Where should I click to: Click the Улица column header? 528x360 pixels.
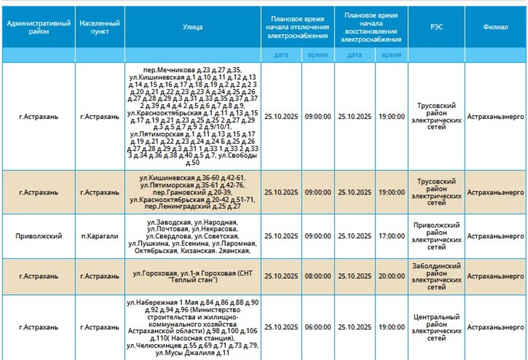(x=192, y=27)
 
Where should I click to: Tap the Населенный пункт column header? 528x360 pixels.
(x=100, y=27)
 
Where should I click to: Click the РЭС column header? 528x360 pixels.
(x=436, y=27)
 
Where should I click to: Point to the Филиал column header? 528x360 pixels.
(x=495, y=27)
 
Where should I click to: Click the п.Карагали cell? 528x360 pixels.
(x=100, y=236)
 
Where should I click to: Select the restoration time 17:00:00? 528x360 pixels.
(x=392, y=236)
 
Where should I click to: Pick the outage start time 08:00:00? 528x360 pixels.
(x=318, y=276)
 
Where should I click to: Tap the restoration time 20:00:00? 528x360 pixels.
(x=392, y=276)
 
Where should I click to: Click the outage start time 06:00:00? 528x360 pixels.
(x=318, y=328)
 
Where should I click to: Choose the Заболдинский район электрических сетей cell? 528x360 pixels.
(x=436, y=276)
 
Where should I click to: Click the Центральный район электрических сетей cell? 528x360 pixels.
(x=436, y=328)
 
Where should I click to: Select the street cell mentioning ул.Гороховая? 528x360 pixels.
(x=192, y=276)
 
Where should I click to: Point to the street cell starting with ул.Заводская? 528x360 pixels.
(x=192, y=236)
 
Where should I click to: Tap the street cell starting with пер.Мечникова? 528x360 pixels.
(x=192, y=116)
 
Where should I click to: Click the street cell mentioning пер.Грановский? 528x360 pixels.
(x=192, y=192)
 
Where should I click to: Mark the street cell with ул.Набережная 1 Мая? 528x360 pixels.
(x=192, y=328)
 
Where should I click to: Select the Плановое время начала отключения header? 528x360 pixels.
(x=299, y=27)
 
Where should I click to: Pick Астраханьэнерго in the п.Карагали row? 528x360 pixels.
(x=495, y=236)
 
